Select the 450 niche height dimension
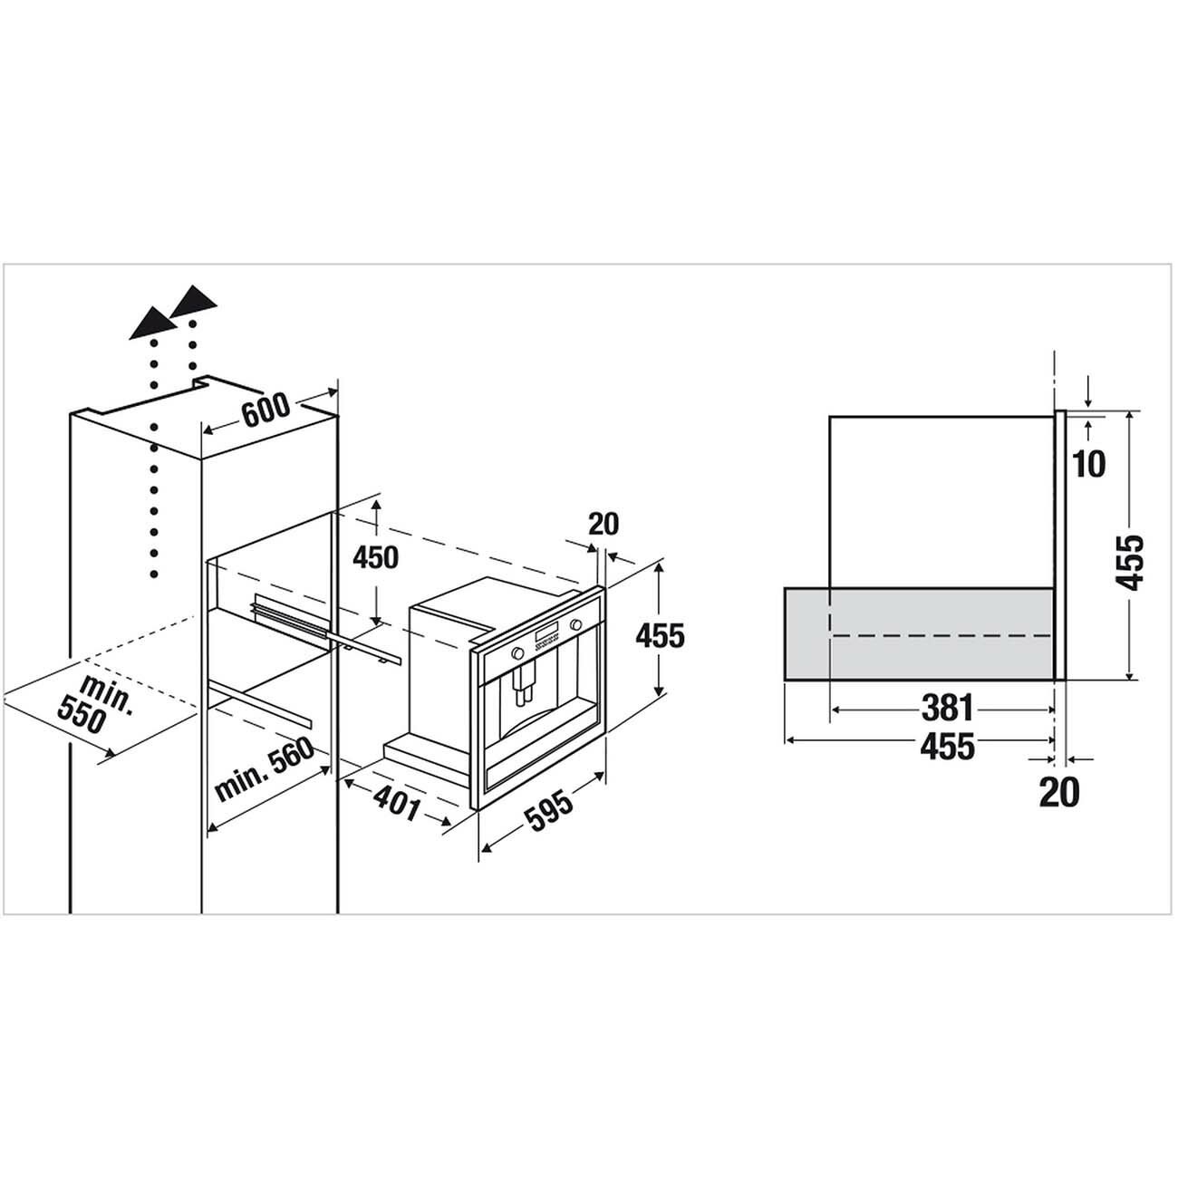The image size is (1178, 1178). pos(375,557)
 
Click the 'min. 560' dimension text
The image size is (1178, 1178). pos(264,769)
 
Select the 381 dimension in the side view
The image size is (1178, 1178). pos(946,709)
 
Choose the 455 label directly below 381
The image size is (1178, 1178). pos(948,747)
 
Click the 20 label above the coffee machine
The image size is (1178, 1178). pos(603,524)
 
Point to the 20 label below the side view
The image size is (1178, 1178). pos(1059,792)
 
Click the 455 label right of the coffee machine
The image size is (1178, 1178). pos(660,635)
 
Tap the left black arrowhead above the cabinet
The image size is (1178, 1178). pos(153,323)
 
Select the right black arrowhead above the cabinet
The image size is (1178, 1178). pos(193,302)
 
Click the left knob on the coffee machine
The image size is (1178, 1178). pos(517,652)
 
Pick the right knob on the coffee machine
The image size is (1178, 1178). pos(575,624)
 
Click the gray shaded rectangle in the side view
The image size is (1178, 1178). pos(919,633)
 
